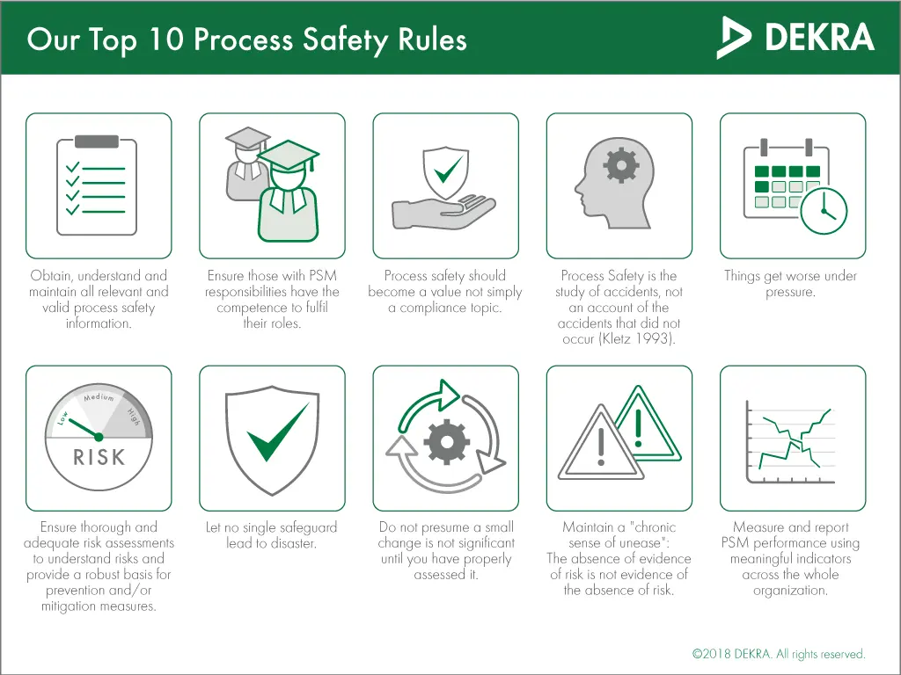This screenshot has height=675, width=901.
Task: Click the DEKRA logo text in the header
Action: pyautogui.click(x=819, y=37)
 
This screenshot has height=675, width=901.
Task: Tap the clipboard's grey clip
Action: pyautogui.click(x=97, y=142)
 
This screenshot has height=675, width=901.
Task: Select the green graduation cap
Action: pyautogui.click(x=289, y=155)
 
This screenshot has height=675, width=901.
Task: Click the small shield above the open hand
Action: pyautogui.click(x=446, y=172)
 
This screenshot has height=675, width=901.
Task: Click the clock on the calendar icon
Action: pyautogui.click(x=824, y=211)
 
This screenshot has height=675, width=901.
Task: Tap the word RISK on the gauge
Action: pyautogui.click(x=99, y=457)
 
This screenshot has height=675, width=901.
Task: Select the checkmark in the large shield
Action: pyautogui.click(x=277, y=432)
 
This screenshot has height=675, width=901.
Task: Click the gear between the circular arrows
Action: pyautogui.click(x=446, y=441)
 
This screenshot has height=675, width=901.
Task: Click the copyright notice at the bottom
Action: pyautogui.click(x=779, y=654)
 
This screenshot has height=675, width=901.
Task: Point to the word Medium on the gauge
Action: pyautogui.click(x=99, y=397)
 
